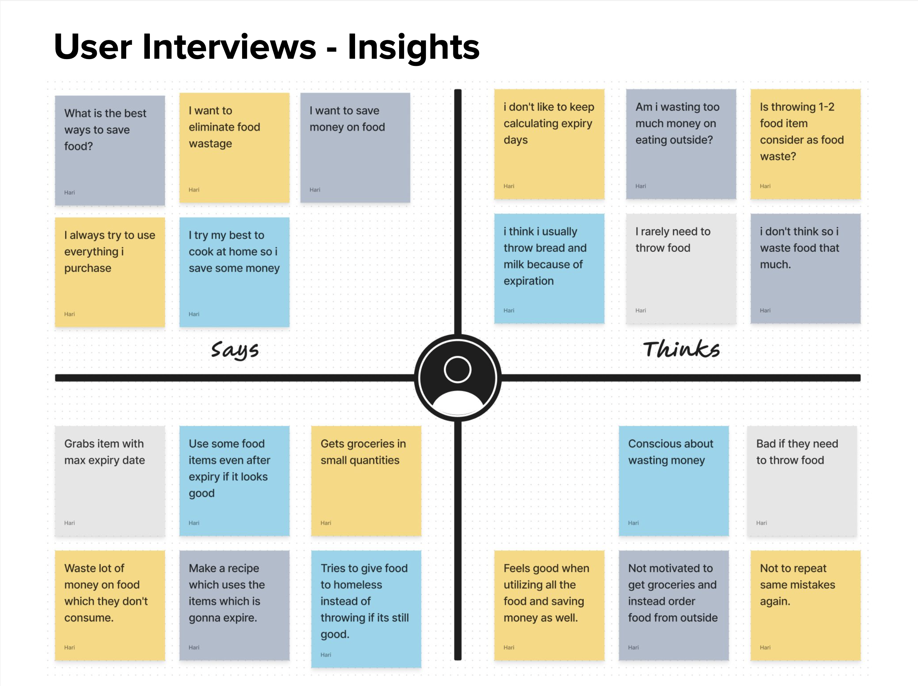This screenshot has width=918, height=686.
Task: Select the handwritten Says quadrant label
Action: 235,350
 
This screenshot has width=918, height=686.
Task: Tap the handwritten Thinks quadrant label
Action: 682,349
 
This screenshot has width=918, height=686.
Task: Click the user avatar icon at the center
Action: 458,378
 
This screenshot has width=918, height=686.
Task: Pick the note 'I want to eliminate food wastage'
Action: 235,148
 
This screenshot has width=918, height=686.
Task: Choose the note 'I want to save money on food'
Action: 355,148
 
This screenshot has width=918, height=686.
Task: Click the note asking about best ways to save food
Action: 110,151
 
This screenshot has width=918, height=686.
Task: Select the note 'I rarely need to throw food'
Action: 681,268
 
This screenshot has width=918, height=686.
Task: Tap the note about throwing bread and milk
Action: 549,268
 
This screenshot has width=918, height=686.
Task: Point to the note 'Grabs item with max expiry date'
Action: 110,481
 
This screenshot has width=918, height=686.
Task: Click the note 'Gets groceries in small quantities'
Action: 366,481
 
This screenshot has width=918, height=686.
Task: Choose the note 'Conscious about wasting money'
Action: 674,481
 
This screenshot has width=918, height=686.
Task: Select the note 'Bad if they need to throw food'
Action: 802,481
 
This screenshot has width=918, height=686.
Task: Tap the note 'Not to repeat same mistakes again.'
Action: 805,605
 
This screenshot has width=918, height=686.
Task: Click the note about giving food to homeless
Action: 366,609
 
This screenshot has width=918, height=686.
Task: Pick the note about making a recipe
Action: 235,605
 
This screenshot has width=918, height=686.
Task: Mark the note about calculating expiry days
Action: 549,144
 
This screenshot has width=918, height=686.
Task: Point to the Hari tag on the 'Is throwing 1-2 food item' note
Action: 765,186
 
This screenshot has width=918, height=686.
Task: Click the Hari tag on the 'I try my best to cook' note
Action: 194,314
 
